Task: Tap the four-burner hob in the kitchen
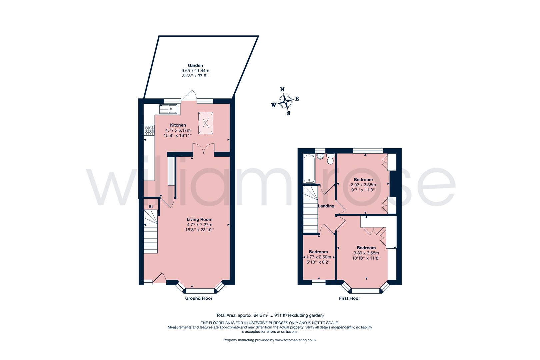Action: click(x=149, y=130)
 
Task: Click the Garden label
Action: click(x=195, y=66)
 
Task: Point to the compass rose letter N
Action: click(x=282, y=89)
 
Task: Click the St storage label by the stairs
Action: click(x=151, y=207)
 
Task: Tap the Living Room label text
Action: click(x=199, y=219)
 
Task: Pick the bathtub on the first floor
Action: click(x=309, y=168)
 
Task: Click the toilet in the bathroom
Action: click(x=330, y=160)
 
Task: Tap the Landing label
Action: click(x=326, y=206)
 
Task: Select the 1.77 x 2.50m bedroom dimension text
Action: click(x=318, y=257)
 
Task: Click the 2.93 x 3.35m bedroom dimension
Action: click(x=363, y=185)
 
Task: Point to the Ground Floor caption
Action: click(x=199, y=298)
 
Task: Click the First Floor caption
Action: click(x=349, y=298)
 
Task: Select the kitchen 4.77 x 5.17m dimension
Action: click(x=178, y=130)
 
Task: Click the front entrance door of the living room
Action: click(x=159, y=278)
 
